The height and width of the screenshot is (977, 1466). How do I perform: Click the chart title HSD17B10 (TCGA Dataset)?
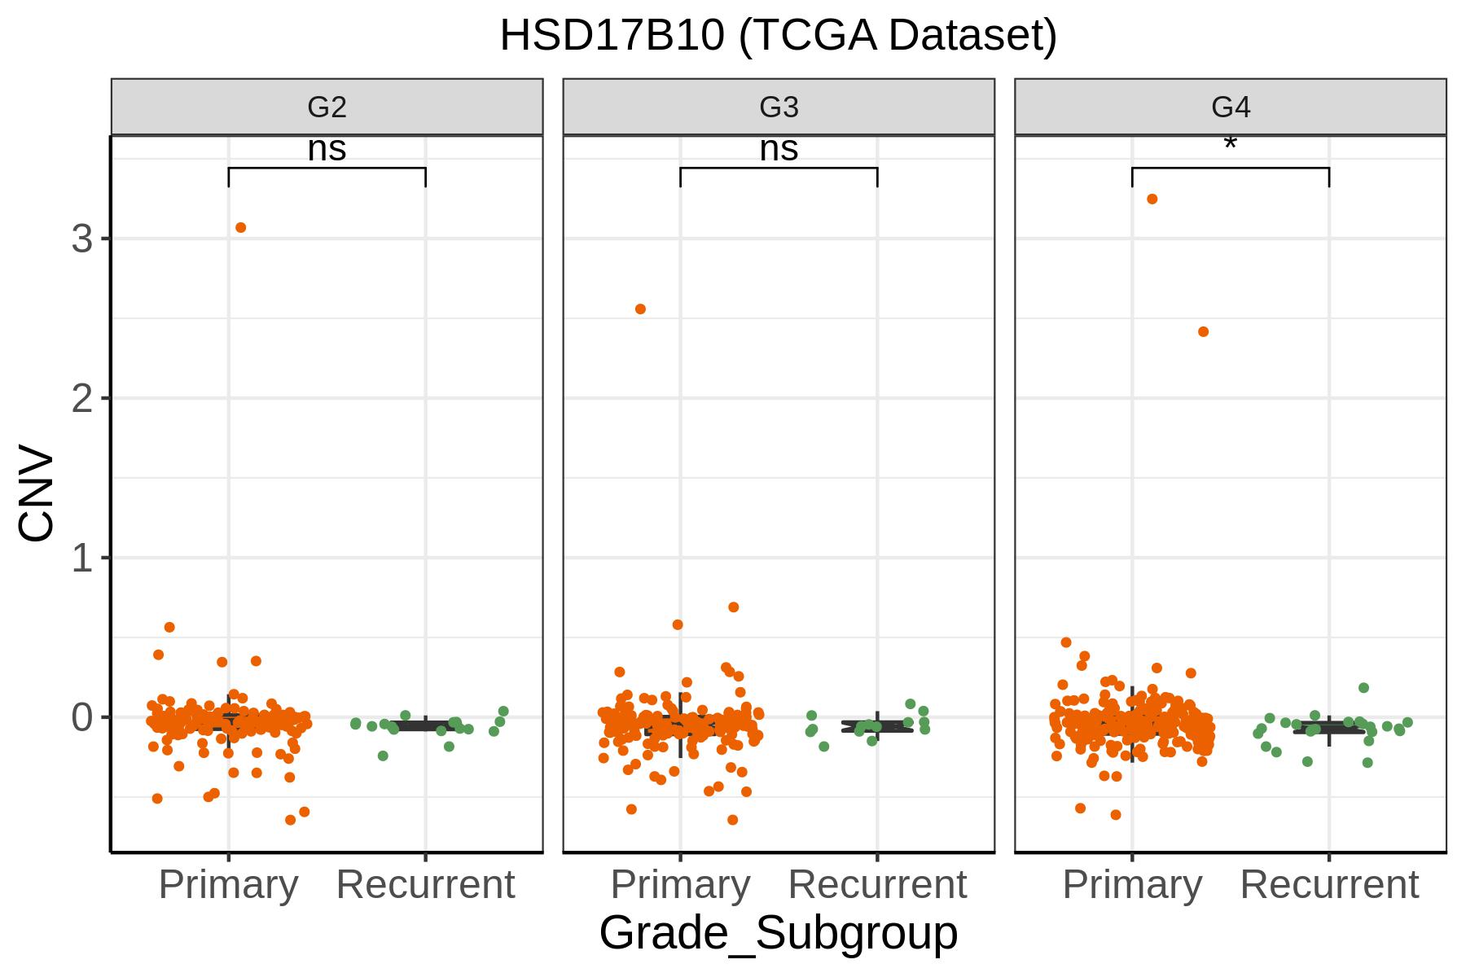point(778,36)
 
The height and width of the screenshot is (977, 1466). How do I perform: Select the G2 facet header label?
point(327,107)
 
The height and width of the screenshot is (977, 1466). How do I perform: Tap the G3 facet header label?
point(779,107)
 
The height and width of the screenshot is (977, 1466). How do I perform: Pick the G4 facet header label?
point(1231,107)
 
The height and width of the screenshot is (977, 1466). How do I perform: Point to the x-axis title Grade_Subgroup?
point(779,933)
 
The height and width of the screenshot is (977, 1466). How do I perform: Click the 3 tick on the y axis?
point(82,239)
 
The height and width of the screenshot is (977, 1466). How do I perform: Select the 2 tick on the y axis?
point(82,399)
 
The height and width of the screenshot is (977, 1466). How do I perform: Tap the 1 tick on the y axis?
point(82,559)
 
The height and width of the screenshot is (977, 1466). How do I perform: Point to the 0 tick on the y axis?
point(82,718)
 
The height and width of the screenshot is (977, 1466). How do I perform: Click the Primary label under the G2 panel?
point(228,885)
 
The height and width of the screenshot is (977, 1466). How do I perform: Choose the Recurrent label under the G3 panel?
point(877,884)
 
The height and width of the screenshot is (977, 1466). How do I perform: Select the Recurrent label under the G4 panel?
point(1329,884)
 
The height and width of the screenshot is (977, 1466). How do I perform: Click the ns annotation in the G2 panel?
point(327,150)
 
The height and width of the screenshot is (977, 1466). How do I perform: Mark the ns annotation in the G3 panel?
point(779,150)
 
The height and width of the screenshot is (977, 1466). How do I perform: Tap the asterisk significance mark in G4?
point(1231,144)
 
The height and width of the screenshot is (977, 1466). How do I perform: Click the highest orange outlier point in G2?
point(240,228)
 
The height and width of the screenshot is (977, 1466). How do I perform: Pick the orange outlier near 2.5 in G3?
point(640,309)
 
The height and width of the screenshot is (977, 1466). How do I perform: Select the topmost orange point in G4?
point(1152,199)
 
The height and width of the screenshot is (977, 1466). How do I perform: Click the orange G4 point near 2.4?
point(1204,332)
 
